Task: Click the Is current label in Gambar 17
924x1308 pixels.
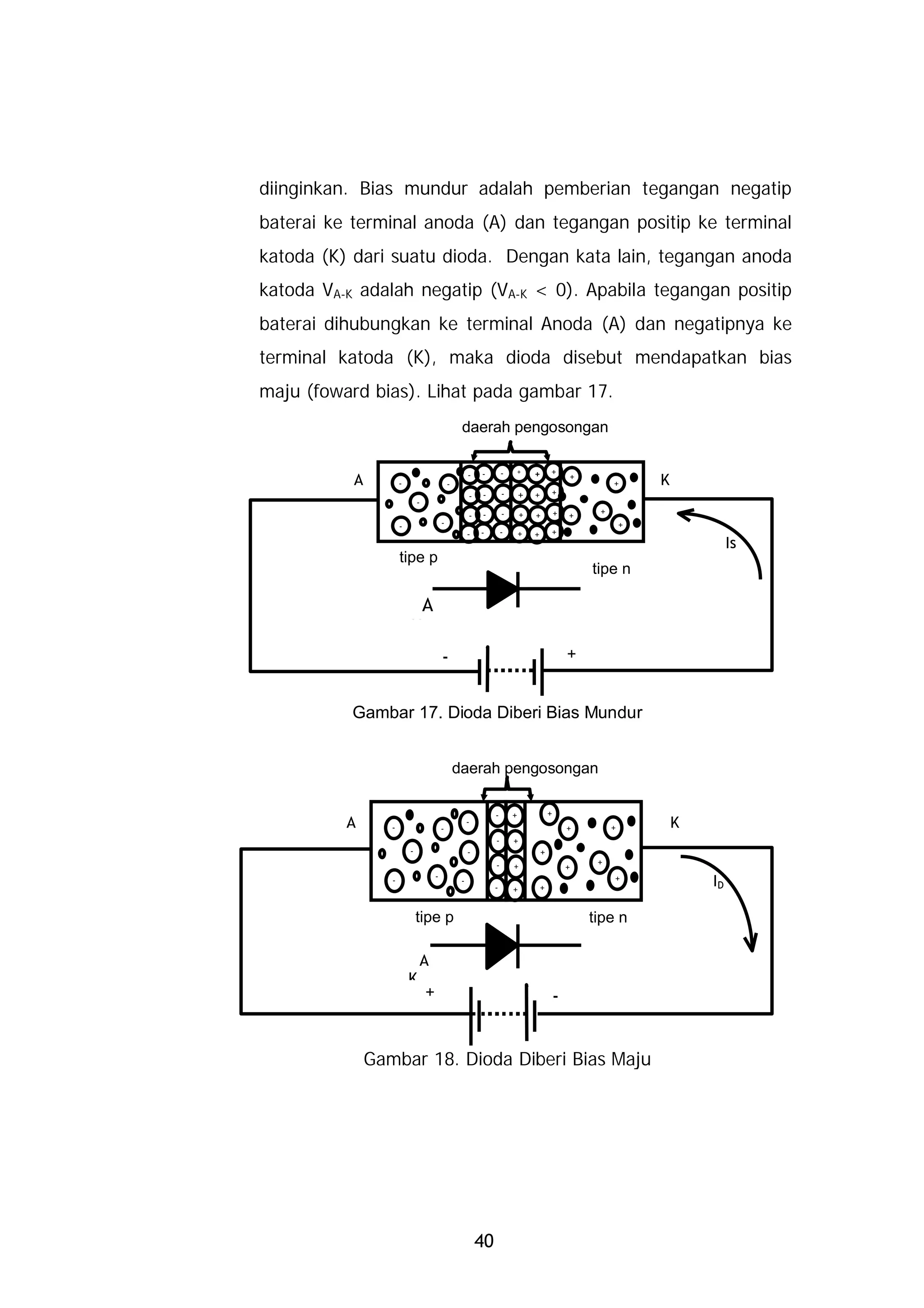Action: [730, 544]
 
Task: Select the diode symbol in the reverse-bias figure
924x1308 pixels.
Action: [503, 588]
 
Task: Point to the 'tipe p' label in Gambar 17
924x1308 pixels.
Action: [418, 557]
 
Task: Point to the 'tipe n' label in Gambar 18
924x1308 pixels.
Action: [607, 917]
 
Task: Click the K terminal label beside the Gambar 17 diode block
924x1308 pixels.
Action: [665, 480]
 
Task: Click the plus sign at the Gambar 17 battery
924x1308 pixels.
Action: [572, 654]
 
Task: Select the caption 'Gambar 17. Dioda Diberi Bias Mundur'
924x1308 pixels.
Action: [497, 712]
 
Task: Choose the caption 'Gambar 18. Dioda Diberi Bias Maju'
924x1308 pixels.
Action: [507, 1060]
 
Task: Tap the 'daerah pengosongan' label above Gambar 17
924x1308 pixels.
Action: [535, 427]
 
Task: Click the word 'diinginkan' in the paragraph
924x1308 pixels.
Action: [302, 189]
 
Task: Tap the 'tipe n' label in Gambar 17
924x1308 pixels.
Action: [611, 568]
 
